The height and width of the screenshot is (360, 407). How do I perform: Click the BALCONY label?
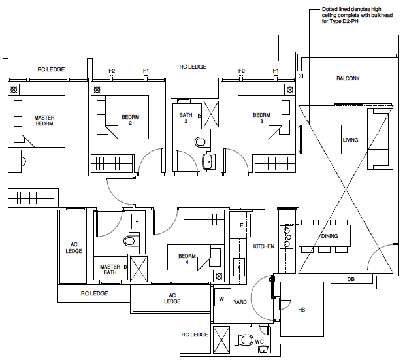pos(348,78)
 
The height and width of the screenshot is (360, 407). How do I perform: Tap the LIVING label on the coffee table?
pos(350,140)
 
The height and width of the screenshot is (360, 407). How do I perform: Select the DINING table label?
pos(329,235)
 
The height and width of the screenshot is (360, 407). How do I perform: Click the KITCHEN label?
pos(264,246)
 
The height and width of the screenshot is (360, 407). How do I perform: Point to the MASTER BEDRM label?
pos(44,120)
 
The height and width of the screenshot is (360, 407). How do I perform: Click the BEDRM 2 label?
pos(131,120)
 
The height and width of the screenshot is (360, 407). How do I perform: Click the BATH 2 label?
pos(186,118)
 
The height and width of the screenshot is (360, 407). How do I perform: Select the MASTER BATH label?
pos(110,270)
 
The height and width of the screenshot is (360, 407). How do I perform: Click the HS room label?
pos(301,310)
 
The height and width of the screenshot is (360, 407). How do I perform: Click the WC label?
pos(259,342)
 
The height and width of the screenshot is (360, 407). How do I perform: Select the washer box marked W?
pos(221,299)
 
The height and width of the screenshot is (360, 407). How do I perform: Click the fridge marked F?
pos(241,225)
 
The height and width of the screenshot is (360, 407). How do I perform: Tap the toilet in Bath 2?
pos(201,141)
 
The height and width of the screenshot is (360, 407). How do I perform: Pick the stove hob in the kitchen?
pos(286,236)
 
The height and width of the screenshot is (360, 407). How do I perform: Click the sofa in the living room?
pos(378,139)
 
